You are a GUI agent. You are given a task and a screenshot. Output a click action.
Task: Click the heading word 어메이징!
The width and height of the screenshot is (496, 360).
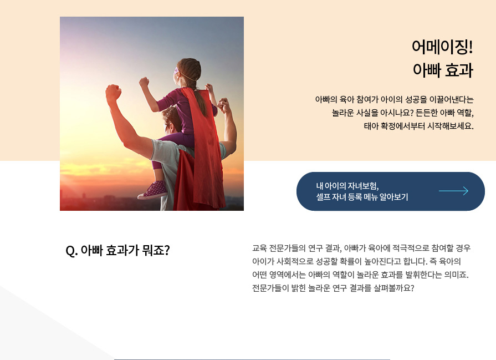(442, 47)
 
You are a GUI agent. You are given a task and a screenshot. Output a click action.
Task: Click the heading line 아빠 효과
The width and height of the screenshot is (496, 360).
(443, 70)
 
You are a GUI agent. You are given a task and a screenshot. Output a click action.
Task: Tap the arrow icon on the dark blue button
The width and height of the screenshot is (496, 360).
(454, 191)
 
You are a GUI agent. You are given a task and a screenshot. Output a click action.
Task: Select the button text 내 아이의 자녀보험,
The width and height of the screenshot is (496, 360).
(347, 186)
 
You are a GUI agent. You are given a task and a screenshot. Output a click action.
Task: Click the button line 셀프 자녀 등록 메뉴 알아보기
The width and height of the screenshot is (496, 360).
(362, 197)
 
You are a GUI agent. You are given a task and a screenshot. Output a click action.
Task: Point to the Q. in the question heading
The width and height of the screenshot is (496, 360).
(71, 251)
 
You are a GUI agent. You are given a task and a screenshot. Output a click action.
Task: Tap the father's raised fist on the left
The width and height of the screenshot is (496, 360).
(114, 93)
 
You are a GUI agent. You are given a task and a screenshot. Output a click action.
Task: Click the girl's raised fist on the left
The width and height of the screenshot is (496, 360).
(144, 82)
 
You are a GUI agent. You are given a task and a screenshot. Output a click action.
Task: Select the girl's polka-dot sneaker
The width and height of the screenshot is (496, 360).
(153, 190)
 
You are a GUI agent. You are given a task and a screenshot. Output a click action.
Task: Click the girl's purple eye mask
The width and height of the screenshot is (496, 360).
(176, 70)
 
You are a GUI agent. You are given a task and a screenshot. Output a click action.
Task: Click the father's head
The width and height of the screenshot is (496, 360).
(172, 120)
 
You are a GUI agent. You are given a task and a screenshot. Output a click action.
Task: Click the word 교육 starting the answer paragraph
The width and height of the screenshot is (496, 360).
(259, 248)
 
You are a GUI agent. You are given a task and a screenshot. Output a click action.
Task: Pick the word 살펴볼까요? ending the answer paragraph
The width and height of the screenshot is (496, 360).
(394, 288)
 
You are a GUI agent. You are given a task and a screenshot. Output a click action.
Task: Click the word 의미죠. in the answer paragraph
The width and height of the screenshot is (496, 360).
(456, 275)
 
